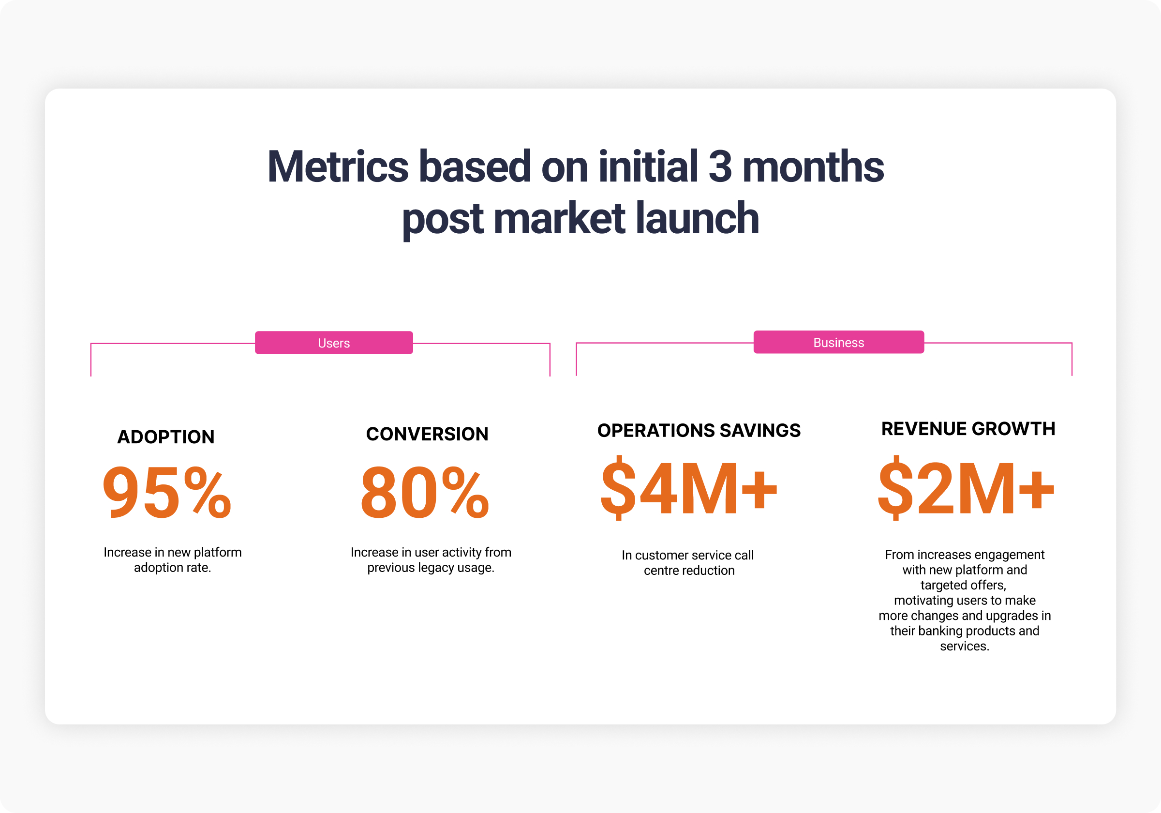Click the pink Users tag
[334, 343]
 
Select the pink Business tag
[838, 343]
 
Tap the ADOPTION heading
[166, 437]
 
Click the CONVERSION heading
[427, 434]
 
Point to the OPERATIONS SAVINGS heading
[699, 430]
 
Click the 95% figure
[166, 492]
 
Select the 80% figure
[425, 492]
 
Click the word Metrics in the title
[337, 166]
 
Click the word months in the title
[813, 166]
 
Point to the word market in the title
[559, 218]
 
